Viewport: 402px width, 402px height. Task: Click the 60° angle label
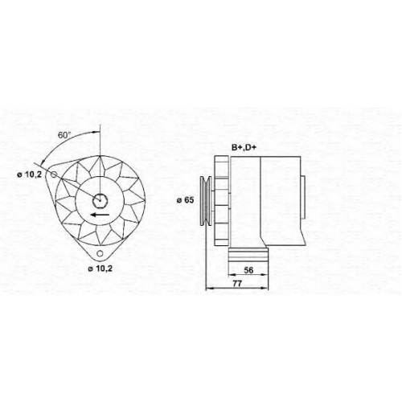[64, 135]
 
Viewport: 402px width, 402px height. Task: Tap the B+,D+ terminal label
[243, 148]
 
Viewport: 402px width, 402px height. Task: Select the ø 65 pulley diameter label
[185, 200]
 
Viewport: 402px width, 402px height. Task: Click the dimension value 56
[248, 270]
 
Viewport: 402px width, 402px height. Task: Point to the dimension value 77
[237, 284]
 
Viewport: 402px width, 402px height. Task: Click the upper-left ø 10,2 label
[30, 174]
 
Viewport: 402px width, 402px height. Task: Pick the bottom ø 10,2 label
[100, 269]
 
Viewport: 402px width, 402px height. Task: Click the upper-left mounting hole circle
[54, 174]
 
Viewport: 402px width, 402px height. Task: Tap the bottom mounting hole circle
[100, 253]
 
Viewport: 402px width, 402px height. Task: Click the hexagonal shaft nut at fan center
[100, 200]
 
